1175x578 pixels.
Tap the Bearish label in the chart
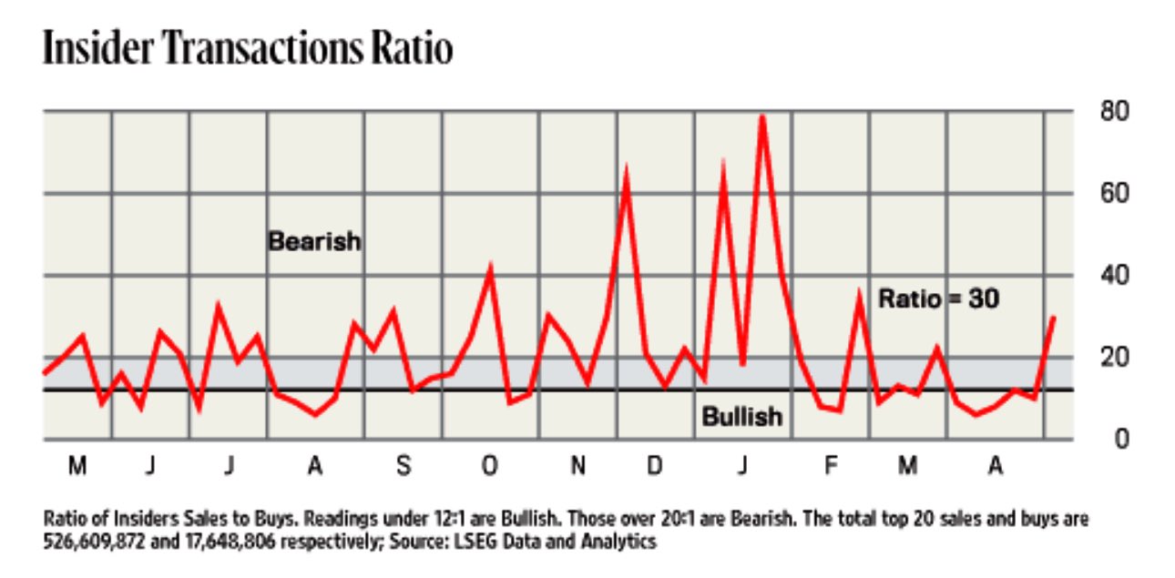[314, 242]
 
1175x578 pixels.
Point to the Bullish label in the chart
[741, 417]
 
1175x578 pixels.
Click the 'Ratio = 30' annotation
[938, 299]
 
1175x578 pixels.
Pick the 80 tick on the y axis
[1118, 112]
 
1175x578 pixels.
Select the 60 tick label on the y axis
[1118, 194]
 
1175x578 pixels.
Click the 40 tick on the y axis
[1118, 275]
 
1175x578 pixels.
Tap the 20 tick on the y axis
[1118, 357]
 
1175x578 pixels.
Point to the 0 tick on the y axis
[1123, 439]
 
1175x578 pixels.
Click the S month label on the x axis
[403, 467]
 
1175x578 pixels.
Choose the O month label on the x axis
[489, 467]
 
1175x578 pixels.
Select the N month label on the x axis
[577, 467]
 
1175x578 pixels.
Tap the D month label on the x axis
[654, 467]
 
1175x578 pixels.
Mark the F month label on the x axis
[830, 467]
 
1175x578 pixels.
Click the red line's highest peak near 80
[761, 117]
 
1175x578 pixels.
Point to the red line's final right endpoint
[1054, 317]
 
